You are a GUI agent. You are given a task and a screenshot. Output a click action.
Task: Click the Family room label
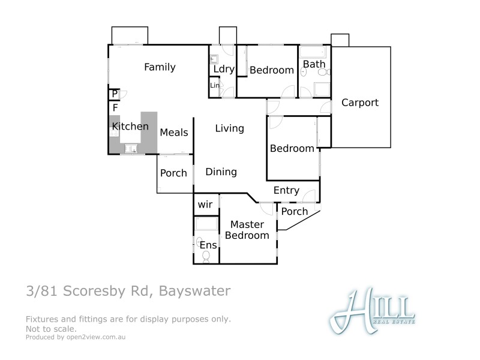tap(160, 67)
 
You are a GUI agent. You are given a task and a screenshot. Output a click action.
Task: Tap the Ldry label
tap(223, 69)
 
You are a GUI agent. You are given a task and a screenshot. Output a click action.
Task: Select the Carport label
tap(360, 103)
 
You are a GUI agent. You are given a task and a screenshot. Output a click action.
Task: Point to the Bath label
tap(314, 64)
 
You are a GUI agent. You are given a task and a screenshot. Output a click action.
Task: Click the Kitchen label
tap(130, 127)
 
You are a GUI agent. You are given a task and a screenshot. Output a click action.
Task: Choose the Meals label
tap(174, 133)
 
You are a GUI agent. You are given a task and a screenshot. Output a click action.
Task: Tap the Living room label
tap(230, 128)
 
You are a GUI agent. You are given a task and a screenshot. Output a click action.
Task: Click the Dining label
tap(221, 172)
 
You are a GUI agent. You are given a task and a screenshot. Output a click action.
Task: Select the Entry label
tap(286, 191)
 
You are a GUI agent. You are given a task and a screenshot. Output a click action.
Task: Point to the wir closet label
tap(205, 205)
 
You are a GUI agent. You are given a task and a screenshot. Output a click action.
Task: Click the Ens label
tap(208, 245)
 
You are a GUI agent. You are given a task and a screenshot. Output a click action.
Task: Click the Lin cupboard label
tap(215, 86)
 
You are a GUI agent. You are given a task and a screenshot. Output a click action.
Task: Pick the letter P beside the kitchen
tap(115, 94)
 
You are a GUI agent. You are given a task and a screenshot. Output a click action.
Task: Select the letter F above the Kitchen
tap(115, 107)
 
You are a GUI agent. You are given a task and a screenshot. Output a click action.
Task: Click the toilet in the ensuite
tap(206, 257)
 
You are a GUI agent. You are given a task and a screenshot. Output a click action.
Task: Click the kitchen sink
tap(131, 148)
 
